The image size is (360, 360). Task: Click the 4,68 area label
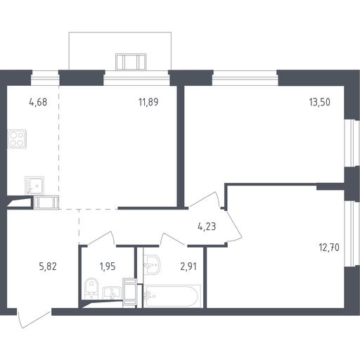tap(38, 102)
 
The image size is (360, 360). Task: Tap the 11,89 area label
tap(148, 102)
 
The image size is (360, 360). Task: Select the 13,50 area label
tap(320, 102)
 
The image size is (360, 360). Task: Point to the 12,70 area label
tap(329, 247)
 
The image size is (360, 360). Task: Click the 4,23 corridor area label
tap(207, 226)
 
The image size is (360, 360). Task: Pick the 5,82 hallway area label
tap(48, 266)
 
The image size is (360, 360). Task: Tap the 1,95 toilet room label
tap(108, 266)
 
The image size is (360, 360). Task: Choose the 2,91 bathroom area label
tap(188, 266)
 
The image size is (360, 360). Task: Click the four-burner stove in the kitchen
tap(17, 139)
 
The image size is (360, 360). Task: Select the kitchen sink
tap(34, 186)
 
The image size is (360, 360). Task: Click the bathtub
tap(172, 296)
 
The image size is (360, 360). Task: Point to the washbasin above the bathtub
tap(152, 264)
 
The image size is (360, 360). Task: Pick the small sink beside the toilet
tap(112, 292)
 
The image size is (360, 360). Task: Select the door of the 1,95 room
tap(101, 238)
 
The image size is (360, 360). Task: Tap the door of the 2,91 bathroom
tap(174, 240)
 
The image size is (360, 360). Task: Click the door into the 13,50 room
tap(205, 200)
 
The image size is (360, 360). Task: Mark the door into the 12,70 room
tap(234, 227)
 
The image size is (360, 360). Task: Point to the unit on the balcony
tap(131, 62)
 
